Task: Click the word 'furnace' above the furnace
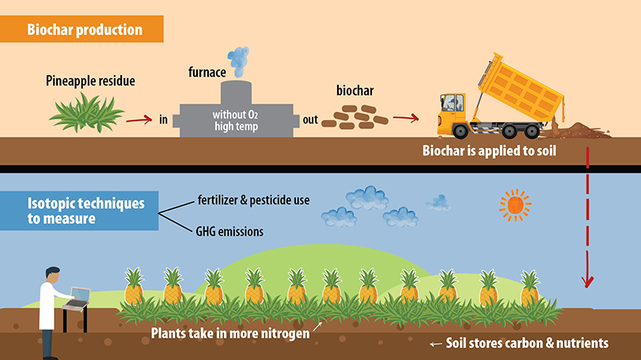(208, 72)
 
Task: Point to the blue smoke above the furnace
(237, 59)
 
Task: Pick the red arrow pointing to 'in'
(139, 120)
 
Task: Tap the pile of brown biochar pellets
(361, 118)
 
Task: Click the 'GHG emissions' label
(229, 232)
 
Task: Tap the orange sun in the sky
(515, 205)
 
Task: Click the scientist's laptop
(77, 298)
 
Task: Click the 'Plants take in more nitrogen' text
(230, 332)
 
